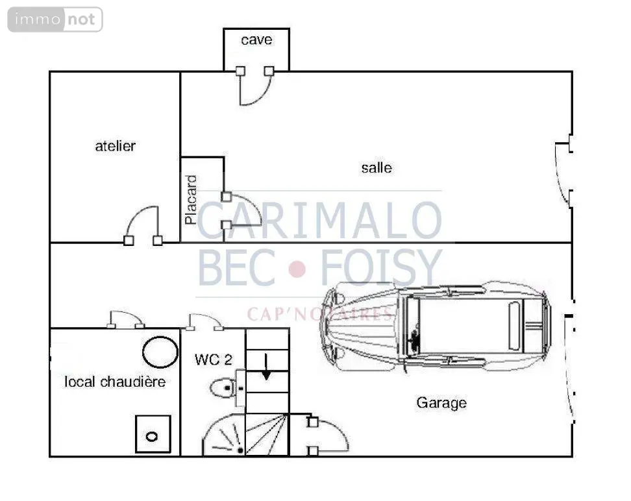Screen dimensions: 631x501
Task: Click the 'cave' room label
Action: point(256,40)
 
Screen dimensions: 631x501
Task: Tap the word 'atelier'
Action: point(115,145)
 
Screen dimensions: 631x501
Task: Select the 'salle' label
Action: point(377,167)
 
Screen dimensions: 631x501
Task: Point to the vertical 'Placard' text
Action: point(191,200)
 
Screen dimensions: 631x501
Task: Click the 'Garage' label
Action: point(441,403)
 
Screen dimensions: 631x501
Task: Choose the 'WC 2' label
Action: point(214,360)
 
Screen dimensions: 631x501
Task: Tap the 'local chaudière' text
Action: point(115,382)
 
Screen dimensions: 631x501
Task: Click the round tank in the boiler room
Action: point(160,352)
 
